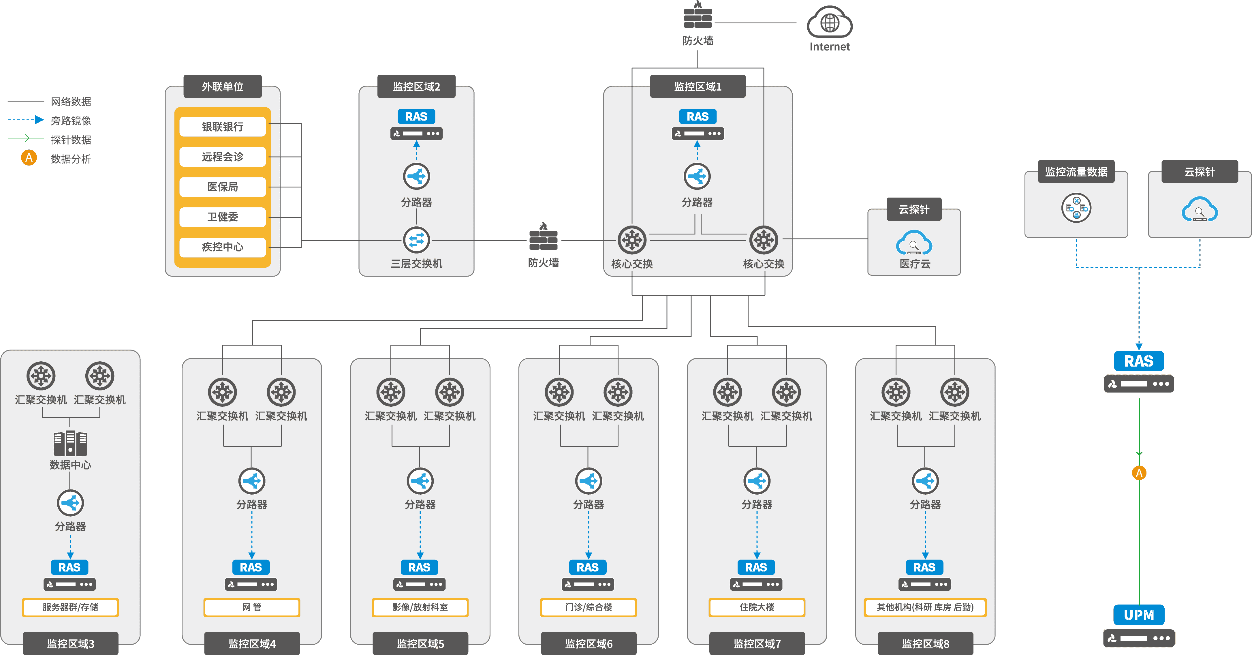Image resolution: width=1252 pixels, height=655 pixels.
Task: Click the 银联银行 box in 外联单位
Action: [223, 127]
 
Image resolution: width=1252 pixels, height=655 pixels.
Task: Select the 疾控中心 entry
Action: [223, 247]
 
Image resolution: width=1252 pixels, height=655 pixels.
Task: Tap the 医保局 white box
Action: [223, 187]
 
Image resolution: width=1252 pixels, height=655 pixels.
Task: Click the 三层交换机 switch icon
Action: [417, 240]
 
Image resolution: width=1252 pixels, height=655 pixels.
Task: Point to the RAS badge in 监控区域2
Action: [417, 117]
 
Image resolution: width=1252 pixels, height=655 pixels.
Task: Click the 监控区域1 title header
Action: [698, 87]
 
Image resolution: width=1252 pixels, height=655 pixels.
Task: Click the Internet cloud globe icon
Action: [830, 22]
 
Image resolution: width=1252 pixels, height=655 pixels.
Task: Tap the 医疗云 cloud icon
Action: [914, 243]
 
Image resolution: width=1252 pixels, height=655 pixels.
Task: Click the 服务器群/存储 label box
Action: [70, 607]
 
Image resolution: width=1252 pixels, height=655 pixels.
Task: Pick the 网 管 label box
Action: [252, 607]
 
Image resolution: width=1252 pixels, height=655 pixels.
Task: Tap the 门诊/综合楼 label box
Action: [589, 607]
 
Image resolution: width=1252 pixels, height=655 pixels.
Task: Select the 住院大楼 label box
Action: [757, 607]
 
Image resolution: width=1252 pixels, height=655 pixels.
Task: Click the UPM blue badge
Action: [1139, 615]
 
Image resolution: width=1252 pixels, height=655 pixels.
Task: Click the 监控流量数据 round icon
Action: [1076, 208]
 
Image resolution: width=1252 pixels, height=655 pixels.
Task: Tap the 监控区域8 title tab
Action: [925, 643]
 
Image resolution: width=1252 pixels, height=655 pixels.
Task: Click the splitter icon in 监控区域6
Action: [589, 481]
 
